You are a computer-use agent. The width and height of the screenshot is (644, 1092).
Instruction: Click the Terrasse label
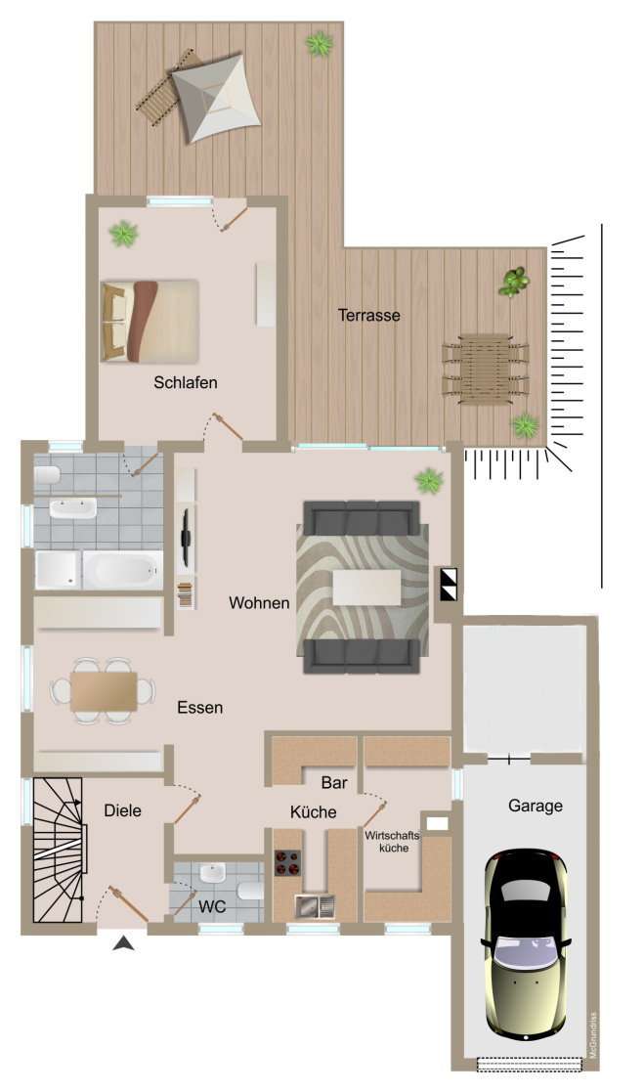(x=368, y=315)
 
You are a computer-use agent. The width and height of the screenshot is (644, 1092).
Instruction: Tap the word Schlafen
(x=185, y=382)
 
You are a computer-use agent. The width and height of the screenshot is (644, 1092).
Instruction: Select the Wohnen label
(x=259, y=603)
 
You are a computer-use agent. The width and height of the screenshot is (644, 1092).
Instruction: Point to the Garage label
(x=535, y=806)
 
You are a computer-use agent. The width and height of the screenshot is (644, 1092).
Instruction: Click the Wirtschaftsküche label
(x=393, y=842)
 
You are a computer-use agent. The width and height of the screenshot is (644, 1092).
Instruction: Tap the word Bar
(x=334, y=782)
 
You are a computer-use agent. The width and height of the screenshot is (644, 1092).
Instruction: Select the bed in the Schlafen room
(x=150, y=321)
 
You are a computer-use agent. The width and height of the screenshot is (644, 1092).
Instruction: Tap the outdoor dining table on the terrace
(x=485, y=368)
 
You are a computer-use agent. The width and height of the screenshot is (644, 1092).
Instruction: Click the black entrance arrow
(x=124, y=942)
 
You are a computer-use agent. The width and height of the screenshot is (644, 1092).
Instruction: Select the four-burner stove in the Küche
(x=287, y=863)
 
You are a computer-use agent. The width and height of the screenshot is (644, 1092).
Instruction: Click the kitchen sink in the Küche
(x=315, y=905)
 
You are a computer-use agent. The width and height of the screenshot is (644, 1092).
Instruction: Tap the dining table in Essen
(x=103, y=691)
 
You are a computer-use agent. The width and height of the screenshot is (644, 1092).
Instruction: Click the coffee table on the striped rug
(x=366, y=588)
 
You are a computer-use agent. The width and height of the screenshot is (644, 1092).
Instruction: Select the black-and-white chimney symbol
(x=448, y=584)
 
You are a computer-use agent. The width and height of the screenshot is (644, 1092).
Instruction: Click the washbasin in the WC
(x=212, y=873)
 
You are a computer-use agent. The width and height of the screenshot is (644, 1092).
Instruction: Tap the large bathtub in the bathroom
(x=122, y=569)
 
